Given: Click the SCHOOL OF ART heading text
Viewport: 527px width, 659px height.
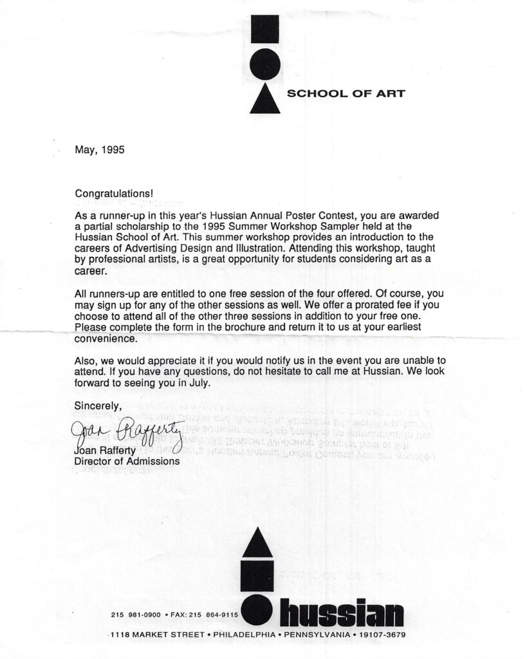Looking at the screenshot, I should coord(346,94).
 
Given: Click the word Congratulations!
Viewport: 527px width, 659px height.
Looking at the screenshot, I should coord(115,193).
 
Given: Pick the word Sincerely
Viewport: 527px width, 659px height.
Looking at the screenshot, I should coord(98,406).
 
